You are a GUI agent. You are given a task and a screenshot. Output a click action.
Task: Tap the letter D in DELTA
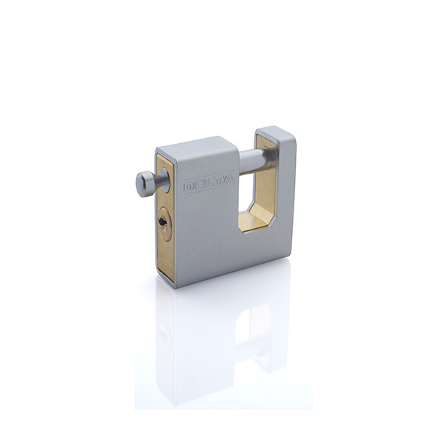click(190, 186)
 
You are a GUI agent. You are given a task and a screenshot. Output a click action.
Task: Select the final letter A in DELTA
click(228, 180)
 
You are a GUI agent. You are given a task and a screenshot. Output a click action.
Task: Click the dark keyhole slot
click(161, 222)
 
